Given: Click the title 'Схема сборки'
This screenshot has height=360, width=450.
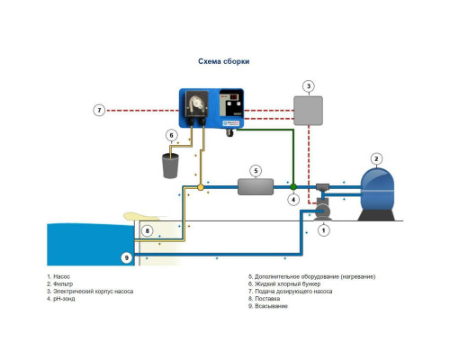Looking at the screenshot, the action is pos(223,61).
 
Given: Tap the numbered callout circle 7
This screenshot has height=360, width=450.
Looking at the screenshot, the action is pos(99,110).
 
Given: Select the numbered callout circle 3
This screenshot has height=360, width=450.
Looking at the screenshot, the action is pos(309,86).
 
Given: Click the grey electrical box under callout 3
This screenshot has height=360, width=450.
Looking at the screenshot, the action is pos(308,111).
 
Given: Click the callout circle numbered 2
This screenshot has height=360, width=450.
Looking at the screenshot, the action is pos(376,159).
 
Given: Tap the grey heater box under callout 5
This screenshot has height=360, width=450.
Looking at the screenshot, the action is pos(256,187).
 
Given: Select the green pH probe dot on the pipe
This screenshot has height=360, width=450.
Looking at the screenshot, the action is pos(293,187).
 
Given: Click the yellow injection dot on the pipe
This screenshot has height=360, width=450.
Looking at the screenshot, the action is pos(201,187).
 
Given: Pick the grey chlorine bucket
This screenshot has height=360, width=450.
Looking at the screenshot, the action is pos(170,166).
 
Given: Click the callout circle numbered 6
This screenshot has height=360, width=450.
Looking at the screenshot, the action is pos(172,135).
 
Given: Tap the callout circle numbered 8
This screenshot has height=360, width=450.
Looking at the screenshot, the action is pos(148,230).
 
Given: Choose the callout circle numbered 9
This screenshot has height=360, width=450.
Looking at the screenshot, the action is pos(127,257).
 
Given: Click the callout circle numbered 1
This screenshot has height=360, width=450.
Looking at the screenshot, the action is pos(323,230).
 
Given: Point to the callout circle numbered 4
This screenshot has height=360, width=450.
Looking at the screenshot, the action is pos(293,200).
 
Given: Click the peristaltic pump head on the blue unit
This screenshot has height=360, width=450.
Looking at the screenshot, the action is pos(196,103).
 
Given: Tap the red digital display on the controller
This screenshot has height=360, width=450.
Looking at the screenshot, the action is pos(229,97).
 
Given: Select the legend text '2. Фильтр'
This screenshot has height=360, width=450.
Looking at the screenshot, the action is pos(60,283).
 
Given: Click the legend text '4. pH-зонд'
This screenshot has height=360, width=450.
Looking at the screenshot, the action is pos(61,299).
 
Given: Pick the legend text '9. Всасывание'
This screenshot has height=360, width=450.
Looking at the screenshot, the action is pos(268,306).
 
